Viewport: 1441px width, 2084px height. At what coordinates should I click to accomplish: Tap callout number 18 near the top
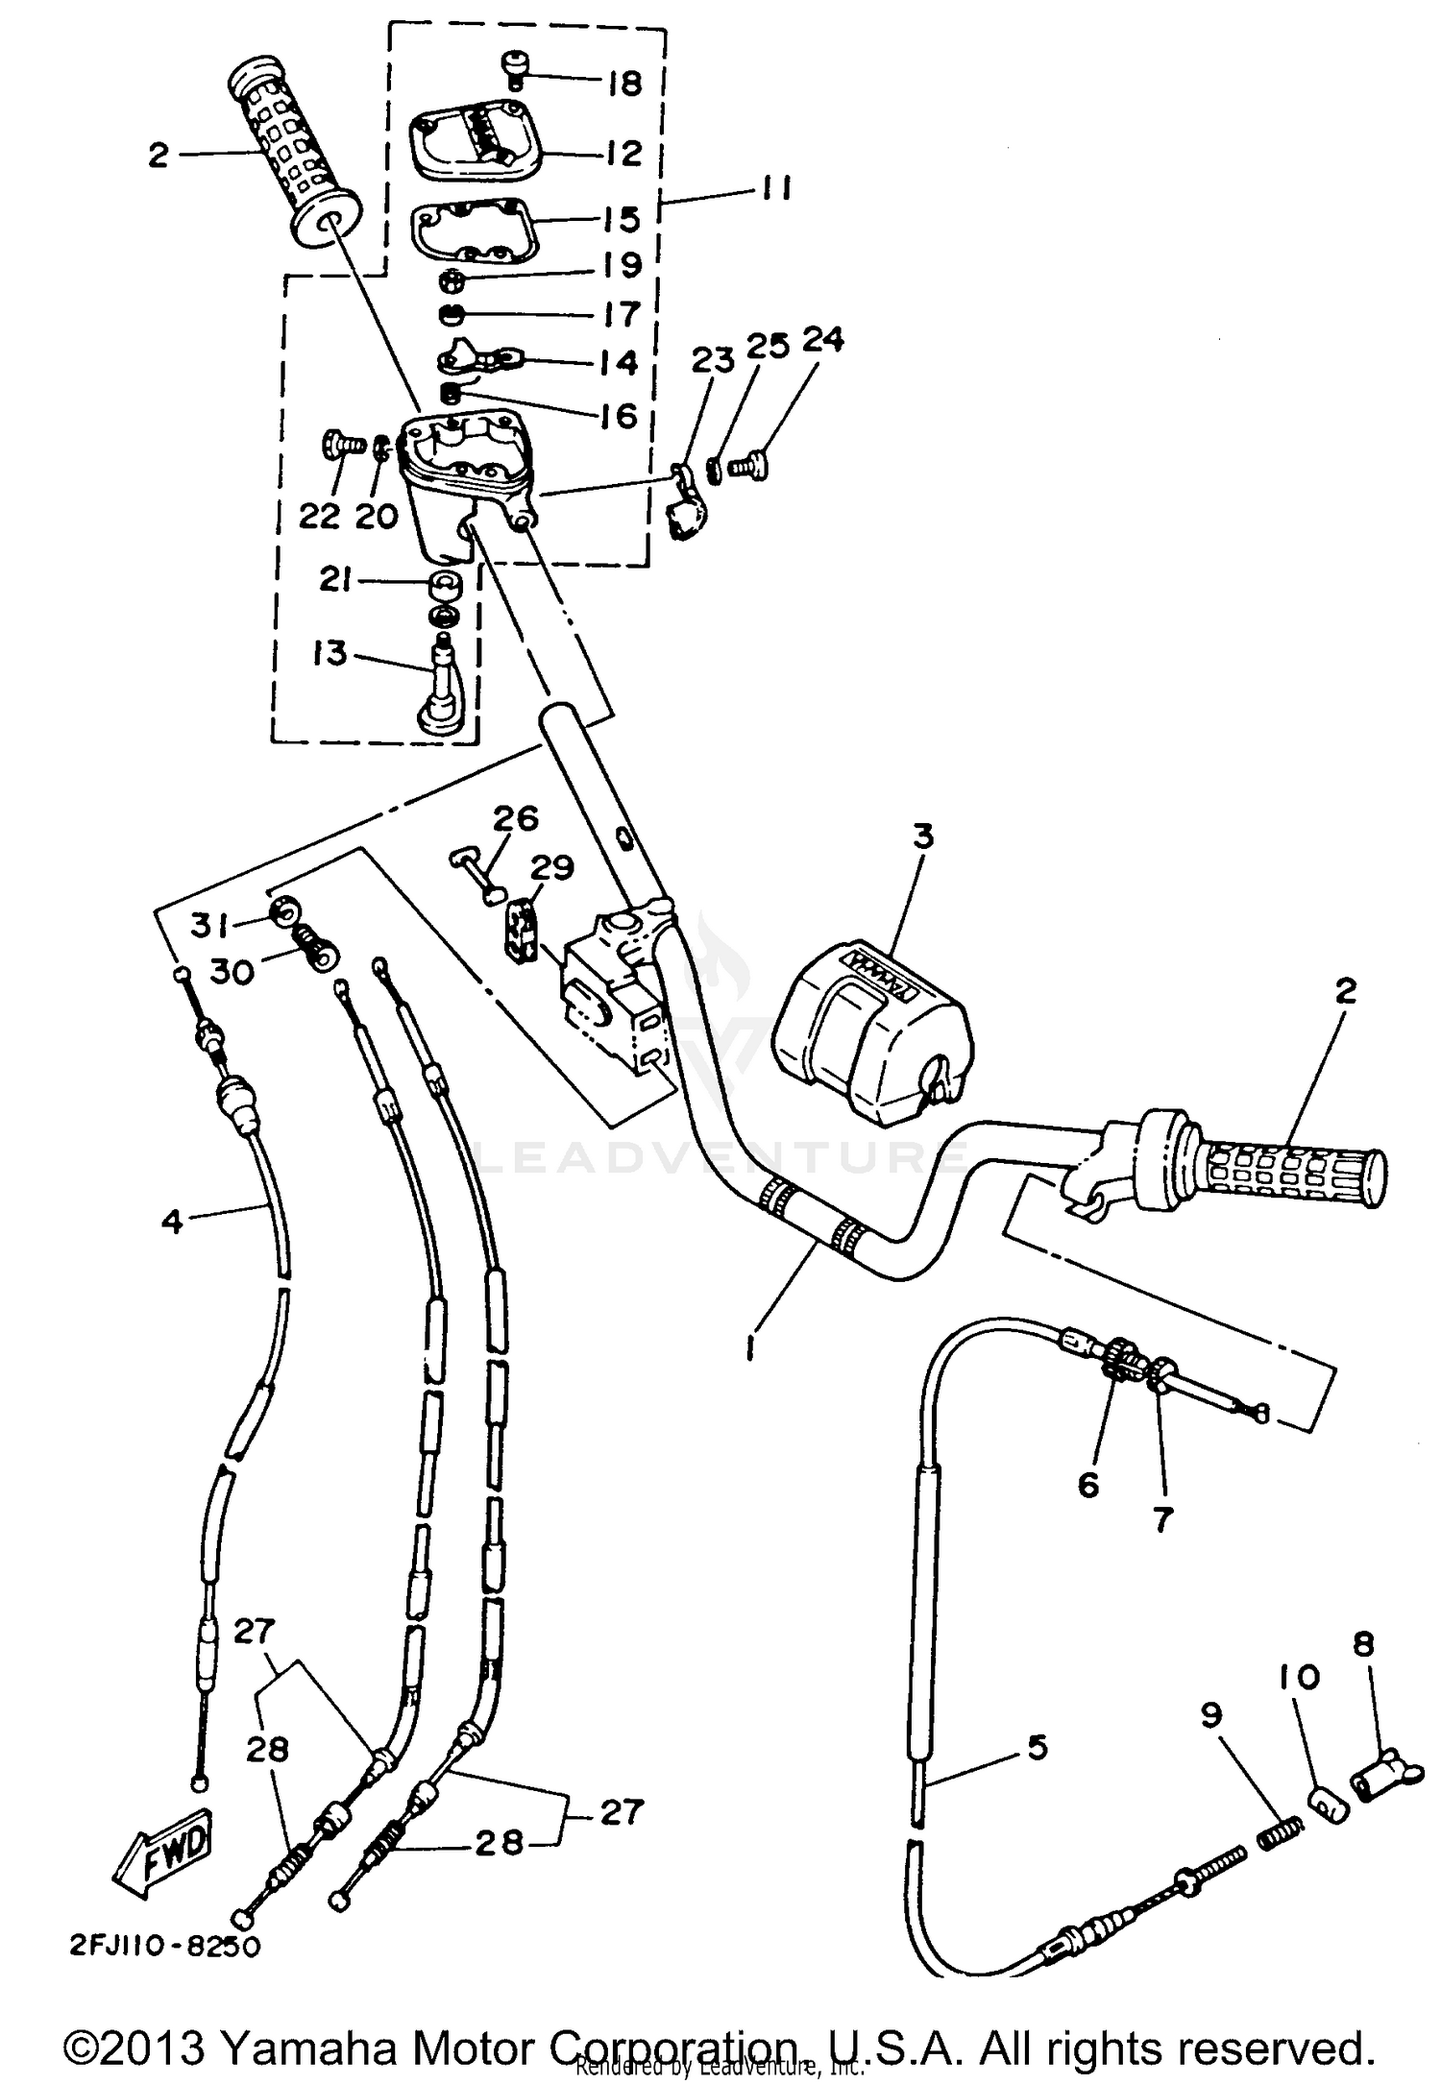(624, 84)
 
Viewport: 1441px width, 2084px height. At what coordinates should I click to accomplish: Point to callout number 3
(922, 836)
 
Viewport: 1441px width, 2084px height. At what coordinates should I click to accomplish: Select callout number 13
(330, 653)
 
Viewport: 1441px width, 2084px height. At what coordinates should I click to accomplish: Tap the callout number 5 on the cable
(1038, 1747)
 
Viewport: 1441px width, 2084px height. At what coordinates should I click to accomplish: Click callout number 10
(1300, 1678)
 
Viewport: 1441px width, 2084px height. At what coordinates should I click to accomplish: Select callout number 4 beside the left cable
(171, 1222)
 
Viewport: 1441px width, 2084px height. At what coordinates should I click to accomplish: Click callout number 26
(516, 818)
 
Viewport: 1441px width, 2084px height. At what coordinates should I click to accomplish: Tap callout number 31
(208, 925)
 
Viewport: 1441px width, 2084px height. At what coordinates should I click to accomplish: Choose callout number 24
(822, 339)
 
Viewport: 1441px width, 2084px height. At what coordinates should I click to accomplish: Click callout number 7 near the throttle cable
(1162, 1520)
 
